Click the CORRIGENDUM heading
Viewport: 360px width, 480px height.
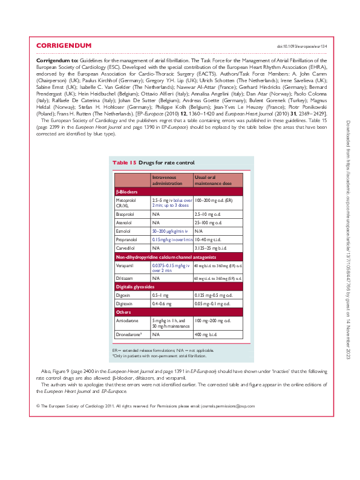(x=64, y=46)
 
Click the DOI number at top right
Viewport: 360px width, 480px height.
(x=301, y=47)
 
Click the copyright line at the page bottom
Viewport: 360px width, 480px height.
(x=146, y=406)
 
